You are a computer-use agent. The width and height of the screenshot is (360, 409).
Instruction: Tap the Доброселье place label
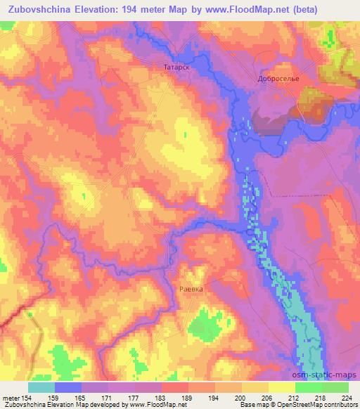coord(279,78)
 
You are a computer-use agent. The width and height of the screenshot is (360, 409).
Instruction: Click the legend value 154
coord(26,397)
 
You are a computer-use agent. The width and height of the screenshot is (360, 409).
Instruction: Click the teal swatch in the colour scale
coord(41,387)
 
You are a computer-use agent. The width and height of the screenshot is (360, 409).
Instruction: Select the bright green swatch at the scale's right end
coord(335,387)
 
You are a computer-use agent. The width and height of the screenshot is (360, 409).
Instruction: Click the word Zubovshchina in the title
coord(39,10)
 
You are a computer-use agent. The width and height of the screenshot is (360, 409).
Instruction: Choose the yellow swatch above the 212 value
coord(282,387)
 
